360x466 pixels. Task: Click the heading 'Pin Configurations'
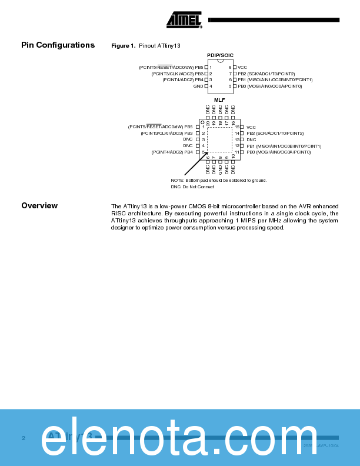click(58, 45)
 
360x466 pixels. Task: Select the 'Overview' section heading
click(39, 205)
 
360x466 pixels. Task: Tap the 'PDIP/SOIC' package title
click(220, 55)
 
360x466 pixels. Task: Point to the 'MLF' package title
click(219, 100)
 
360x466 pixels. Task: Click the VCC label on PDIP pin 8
click(242, 68)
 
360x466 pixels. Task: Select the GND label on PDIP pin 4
click(198, 86)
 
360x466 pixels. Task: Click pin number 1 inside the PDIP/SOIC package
click(211, 68)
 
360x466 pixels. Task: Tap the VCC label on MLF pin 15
click(251, 127)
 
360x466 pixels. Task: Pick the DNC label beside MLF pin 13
click(251, 139)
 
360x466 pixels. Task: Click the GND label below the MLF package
click(220, 168)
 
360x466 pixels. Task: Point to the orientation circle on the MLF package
click(202, 122)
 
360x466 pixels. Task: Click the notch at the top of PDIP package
click(220, 61)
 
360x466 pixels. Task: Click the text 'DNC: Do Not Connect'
click(192, 187)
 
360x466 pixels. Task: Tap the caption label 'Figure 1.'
click(124, 46)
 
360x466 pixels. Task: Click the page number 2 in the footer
click(24, 438)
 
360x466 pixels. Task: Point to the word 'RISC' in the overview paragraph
click(119, 214)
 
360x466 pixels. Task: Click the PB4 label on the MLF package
click(188, 152)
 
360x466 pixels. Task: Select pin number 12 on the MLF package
click(236, 146)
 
